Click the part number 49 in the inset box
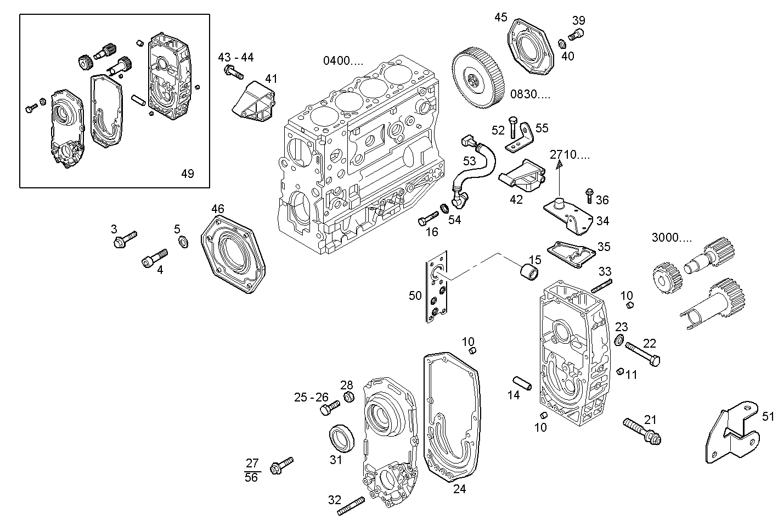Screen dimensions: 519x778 coord(188,174)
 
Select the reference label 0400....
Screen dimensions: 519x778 coord(342,60)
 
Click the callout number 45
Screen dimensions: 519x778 coord(500,18)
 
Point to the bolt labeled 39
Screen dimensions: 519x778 coord(577,36)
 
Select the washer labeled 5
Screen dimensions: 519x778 coord(183,242)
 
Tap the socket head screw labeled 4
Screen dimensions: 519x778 coord(155,258)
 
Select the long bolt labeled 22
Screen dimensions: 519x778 coord(642,354)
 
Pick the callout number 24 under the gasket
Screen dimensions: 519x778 coord(459,489)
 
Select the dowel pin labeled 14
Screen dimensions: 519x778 coord(523,383)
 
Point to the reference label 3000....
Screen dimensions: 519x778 coord(672,238)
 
